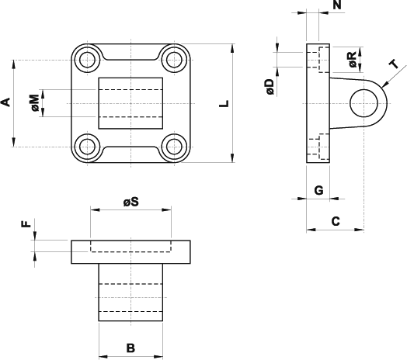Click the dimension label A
click(6, 102)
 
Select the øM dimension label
click(36, 103)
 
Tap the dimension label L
click(224, 103)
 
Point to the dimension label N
click(337, 5)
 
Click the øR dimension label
click(353, 60)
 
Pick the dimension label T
click(395, 64)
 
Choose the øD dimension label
click(270, 87)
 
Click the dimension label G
click(318, 190)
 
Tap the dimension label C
click(336, 221)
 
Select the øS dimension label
click(131, 202)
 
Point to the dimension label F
click(26, 224)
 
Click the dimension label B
click(130, 348)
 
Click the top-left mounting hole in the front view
click(87, 61)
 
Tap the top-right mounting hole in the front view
click(174, 61)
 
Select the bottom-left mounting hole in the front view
click(87, 147)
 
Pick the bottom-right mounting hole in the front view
click(174, 147)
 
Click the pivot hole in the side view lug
click(364, 103)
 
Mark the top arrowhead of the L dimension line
click(232, 48)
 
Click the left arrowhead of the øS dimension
click(95, 209)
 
